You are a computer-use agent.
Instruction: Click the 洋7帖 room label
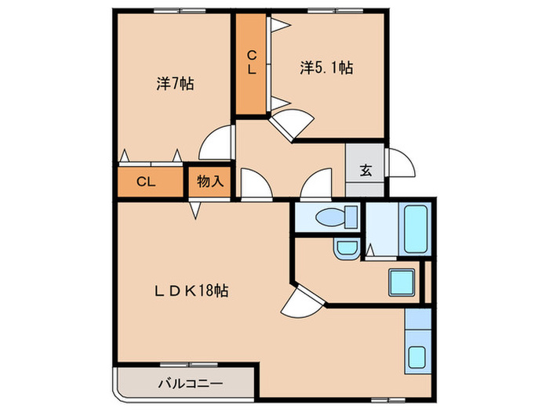pyautogui.click(x=175, y=84)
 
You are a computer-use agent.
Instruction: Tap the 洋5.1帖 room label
pyautogui.click(x=325, y=68)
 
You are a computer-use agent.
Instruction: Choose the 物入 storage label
pyautogui.click(x=209, y=182)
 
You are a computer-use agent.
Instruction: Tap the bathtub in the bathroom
pyautogui.click(x=415, y=229)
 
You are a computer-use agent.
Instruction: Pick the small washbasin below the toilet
pyautogui.click(x=345, y=250)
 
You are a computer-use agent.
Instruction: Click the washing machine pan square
pyautogui.click(x=402, y=283)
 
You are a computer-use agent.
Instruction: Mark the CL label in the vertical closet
pyautogui.click(x=252, y=62)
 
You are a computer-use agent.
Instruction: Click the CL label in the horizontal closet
pyautogui.click(x=145, y=182)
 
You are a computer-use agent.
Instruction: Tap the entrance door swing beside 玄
pyautogui.click(x=398, y=163)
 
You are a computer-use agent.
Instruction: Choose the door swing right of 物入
pyautogui.click(x=255, y=185)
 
